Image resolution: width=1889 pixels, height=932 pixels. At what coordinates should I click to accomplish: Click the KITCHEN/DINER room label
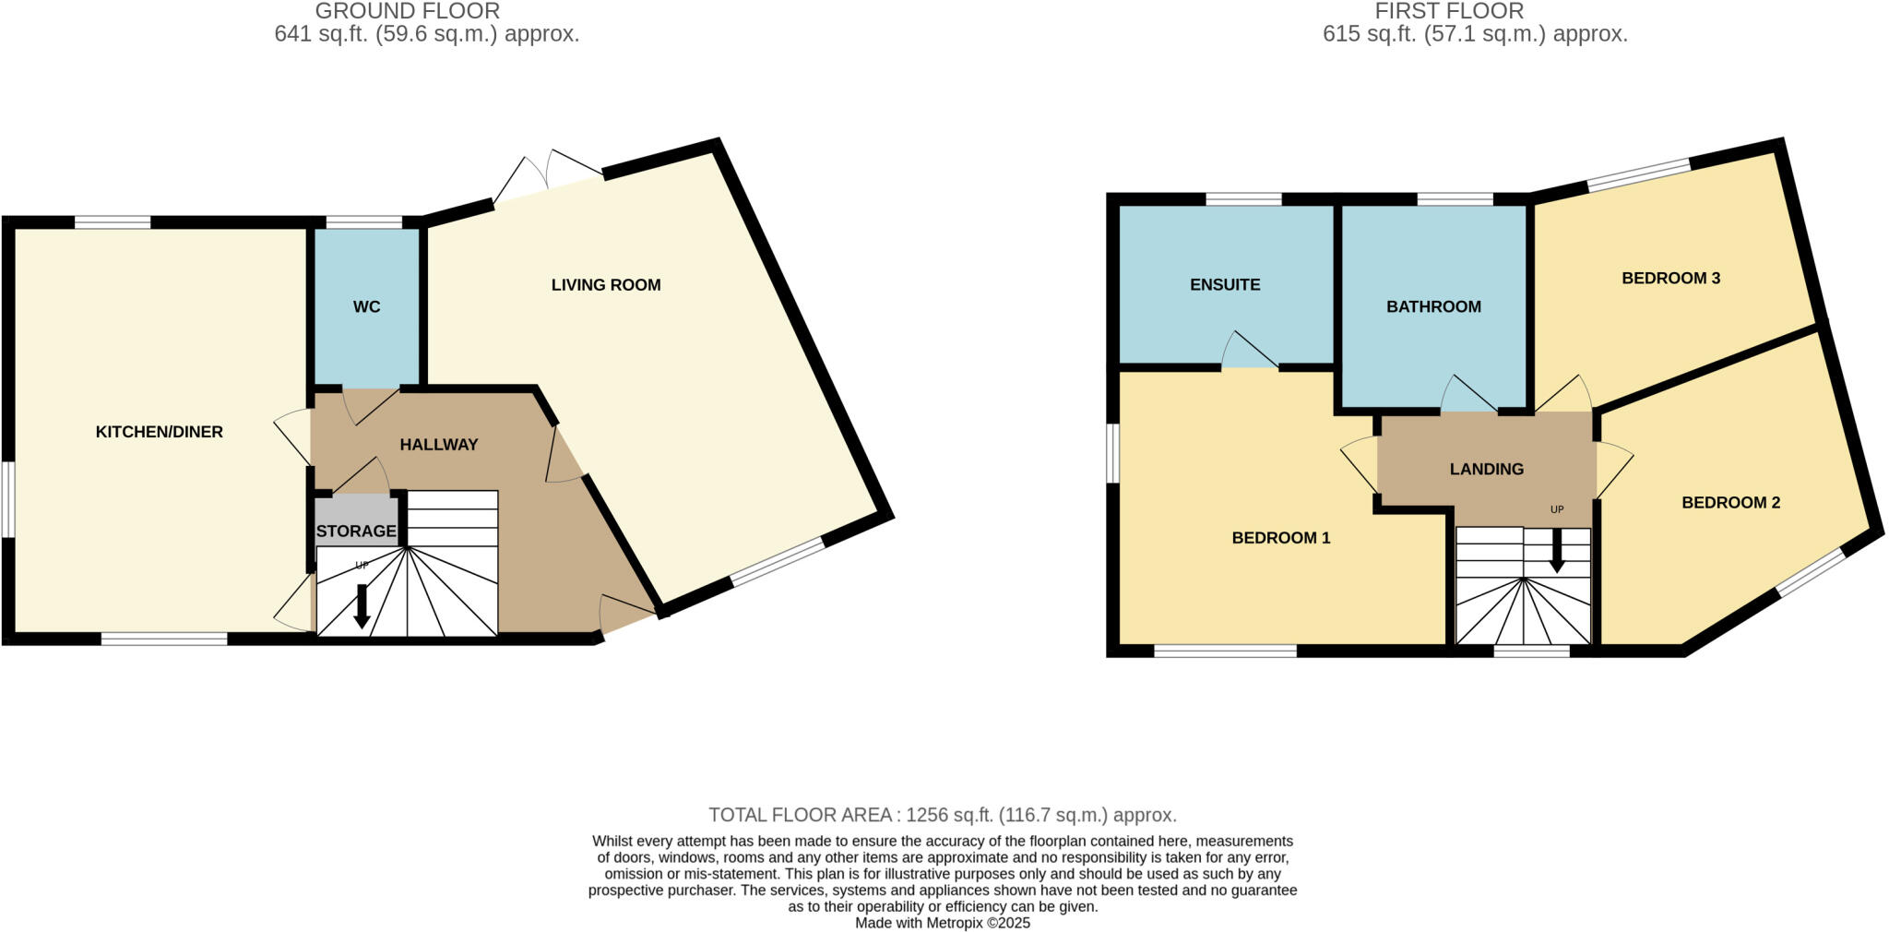(x=160, y=432)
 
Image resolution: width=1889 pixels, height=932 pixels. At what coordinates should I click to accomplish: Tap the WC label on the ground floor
(x=366, y=306)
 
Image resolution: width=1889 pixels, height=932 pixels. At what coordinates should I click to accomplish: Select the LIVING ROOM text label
(x=606, y=285)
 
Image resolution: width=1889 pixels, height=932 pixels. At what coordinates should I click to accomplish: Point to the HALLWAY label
(x=439, y=445)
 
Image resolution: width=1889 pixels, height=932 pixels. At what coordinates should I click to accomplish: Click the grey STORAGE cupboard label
(x=356, y=532)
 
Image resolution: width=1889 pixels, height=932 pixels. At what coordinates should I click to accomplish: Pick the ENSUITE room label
(x=1225, y=285)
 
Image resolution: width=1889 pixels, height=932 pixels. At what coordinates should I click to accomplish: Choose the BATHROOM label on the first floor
(x=1433, y=307)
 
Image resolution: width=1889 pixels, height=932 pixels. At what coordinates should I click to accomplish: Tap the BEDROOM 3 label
(x=1670, y=278)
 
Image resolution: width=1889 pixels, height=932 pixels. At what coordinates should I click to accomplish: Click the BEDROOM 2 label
(x=1730, y=503)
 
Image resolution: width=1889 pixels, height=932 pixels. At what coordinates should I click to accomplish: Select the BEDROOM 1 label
(x=1281, y=538)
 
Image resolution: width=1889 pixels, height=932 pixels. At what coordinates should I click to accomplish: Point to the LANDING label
(x=1486, y=469)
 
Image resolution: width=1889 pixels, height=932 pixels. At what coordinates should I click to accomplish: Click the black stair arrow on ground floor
(x=362, y=606)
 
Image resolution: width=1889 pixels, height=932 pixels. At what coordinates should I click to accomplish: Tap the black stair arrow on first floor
(x=1557, y=550)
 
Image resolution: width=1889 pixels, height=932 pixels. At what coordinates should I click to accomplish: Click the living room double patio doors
(x=548, y=180)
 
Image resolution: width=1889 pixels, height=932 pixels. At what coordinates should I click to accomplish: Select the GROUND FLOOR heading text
(x=407, y=11)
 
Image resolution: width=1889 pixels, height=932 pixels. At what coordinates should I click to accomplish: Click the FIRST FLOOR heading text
(x=1449, y=11)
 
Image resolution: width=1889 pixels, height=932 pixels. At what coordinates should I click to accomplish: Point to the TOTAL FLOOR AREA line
(x=943, y=815)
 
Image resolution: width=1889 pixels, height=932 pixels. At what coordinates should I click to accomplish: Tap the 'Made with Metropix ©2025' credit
(x=943, y=923)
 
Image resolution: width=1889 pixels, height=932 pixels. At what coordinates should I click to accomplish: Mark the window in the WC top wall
(x=363, y=221)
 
